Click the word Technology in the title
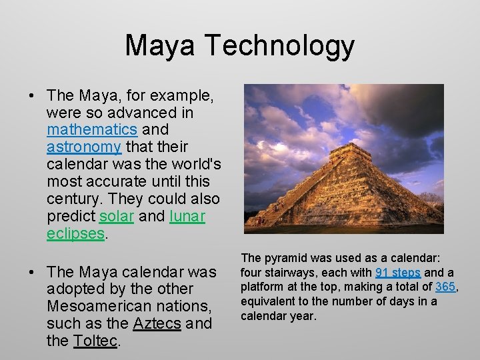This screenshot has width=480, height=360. pyautogui.click(x=279, y=46)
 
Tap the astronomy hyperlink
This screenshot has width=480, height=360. pyautogui.click(x=84, y=147)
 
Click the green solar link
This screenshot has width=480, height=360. pyautogui.click(x=117, y=216)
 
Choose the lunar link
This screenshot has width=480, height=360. pyautogui.click(x=187, y=216)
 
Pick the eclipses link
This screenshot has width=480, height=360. pyautogui.click(x=76, y=233)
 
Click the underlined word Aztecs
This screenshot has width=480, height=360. pyautogui.click(x=157, y=324)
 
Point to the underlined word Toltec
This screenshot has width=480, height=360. pyautogui.click(x=95, y=341)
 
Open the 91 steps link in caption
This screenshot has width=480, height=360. pyautogui.click(x=398, y=273)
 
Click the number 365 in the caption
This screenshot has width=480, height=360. pyautogui.click(x=445, y=287)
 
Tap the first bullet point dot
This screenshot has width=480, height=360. pyautogui.click(x=32, y=95)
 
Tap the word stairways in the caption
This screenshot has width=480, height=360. pyautogui.click(x=291, y=273)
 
